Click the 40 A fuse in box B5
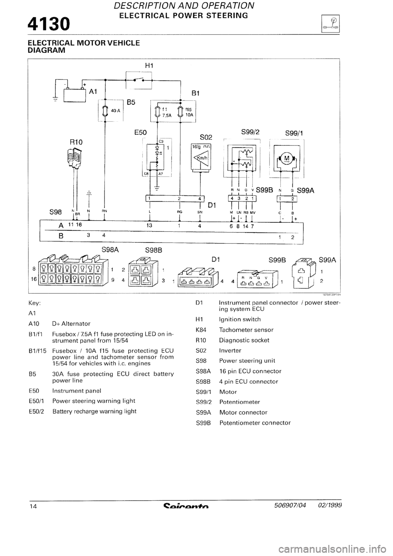105,111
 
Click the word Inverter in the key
230,350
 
